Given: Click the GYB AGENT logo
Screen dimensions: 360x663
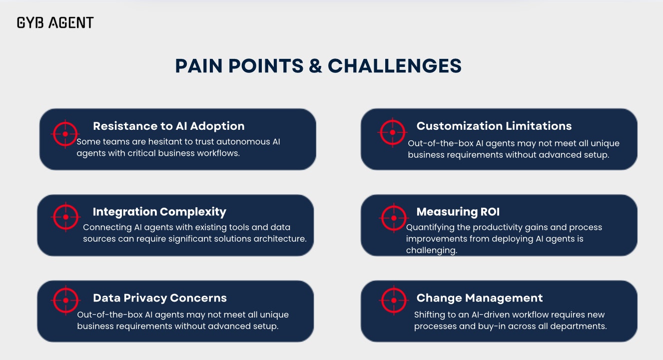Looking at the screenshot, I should tap(55, 22).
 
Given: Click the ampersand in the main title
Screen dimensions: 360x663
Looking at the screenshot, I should tap(315, 66).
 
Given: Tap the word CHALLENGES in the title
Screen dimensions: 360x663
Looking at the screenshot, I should tap(395, 66).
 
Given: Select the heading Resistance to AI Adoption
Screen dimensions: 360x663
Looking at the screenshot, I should tap(168, 126).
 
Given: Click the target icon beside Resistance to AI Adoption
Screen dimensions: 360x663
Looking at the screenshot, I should tap(65, 134).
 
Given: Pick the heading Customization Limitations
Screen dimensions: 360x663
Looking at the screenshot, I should tap(494, 126).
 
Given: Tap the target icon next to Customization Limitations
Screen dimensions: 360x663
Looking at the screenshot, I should tap(393, 132).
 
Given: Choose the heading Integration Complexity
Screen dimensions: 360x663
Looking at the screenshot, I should tap(159, 212).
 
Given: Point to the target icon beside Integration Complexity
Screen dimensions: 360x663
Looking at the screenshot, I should tap(65, 217).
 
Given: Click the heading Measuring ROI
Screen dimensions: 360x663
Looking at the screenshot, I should tap(458, 212).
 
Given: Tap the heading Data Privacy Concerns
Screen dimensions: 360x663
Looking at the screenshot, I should tap(159, 298).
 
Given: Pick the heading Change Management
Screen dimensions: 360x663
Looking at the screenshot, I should tap(479, 298).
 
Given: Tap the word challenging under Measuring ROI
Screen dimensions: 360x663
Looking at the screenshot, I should tap(431, 251).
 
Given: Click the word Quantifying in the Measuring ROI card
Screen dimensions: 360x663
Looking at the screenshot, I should tap(429, 227).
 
